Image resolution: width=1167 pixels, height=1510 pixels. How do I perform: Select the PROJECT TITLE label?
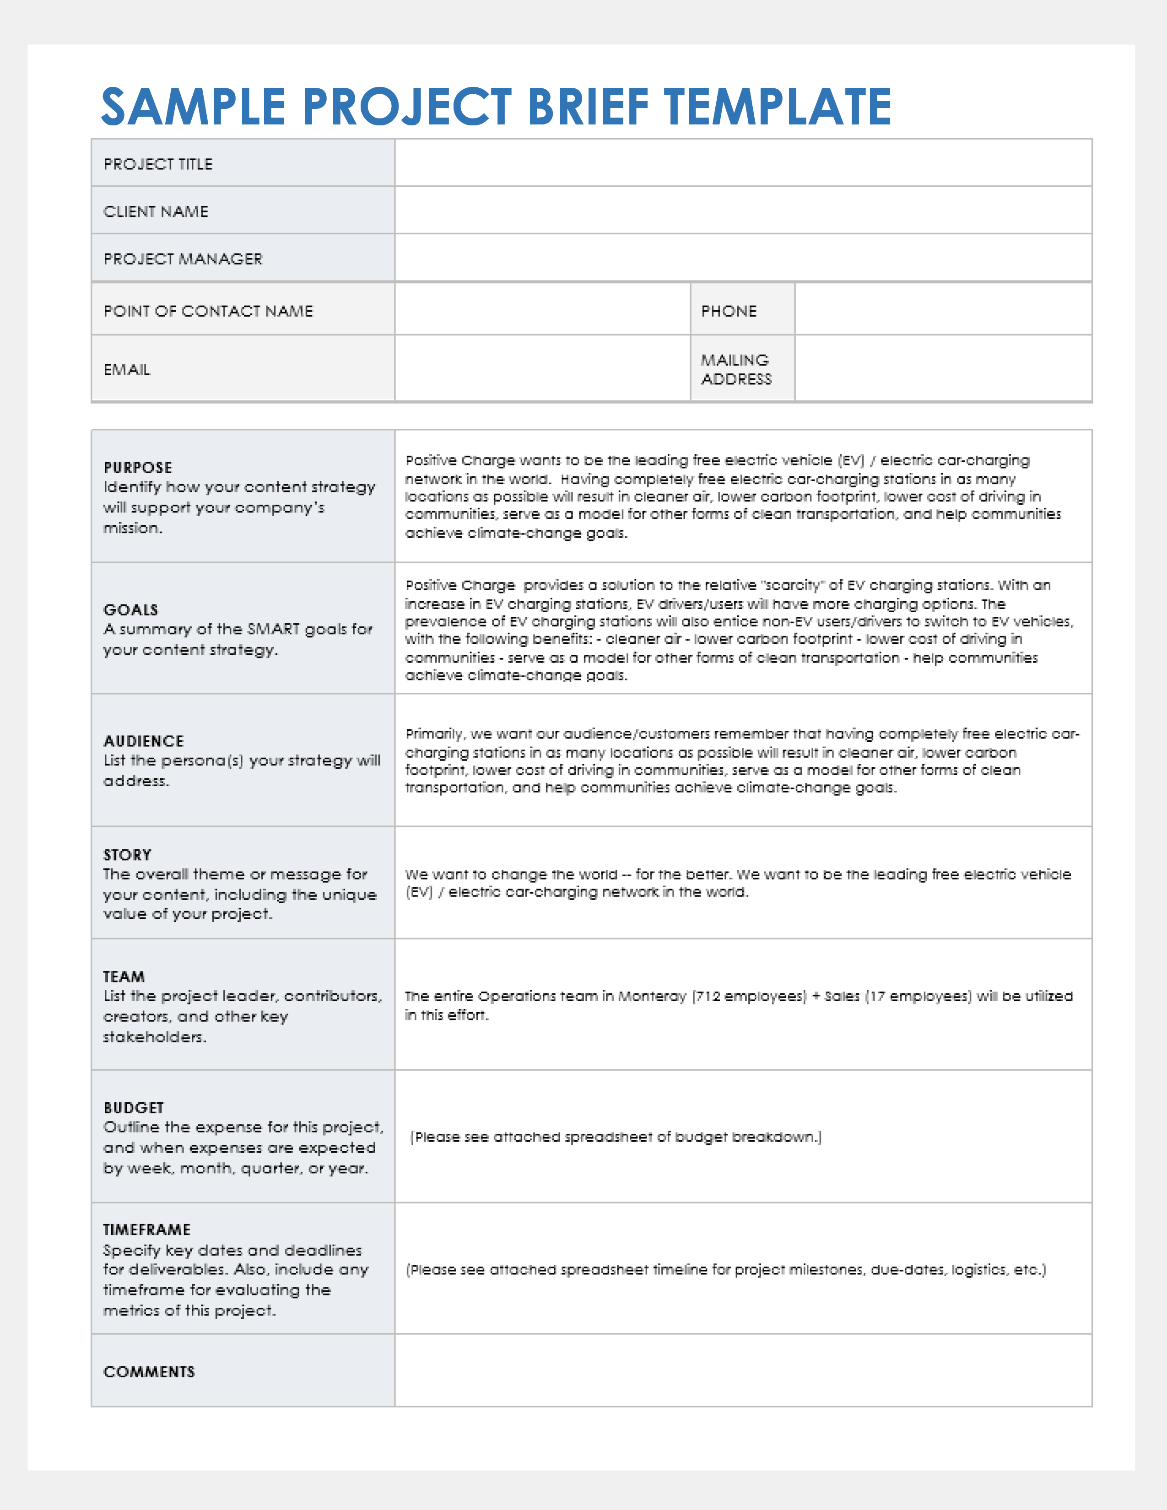158,164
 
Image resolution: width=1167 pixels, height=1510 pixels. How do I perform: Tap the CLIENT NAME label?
156,211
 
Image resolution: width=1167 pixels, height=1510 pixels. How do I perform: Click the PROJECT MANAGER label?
183,259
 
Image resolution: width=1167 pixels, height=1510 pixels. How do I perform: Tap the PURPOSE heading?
138,467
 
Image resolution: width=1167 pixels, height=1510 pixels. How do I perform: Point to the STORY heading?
127,855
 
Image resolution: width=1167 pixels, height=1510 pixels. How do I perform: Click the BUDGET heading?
134,1108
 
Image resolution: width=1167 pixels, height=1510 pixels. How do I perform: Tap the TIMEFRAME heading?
146,1230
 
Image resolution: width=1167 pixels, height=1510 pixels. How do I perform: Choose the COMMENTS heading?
149,1372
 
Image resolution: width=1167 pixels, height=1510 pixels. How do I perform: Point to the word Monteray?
652,996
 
